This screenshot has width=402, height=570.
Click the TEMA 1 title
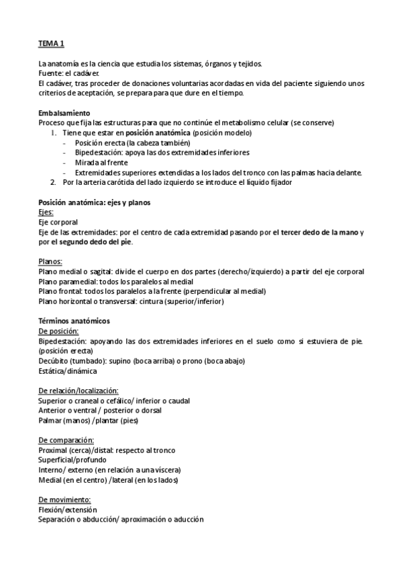(x=52, y=44)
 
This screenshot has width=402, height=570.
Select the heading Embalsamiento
(x=64, y=112)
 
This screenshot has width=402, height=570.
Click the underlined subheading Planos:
(x=52, y=261)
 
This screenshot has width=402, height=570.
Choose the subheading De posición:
(x=59, y=331)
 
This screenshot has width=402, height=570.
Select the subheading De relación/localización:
(x=79, y=391)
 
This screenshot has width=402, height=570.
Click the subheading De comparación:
(x=66, y=440)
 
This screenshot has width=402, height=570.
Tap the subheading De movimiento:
(x=64, y=499)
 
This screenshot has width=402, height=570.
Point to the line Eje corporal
(x=58, y=222)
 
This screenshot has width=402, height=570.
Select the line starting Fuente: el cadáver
(x=69, y=73)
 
